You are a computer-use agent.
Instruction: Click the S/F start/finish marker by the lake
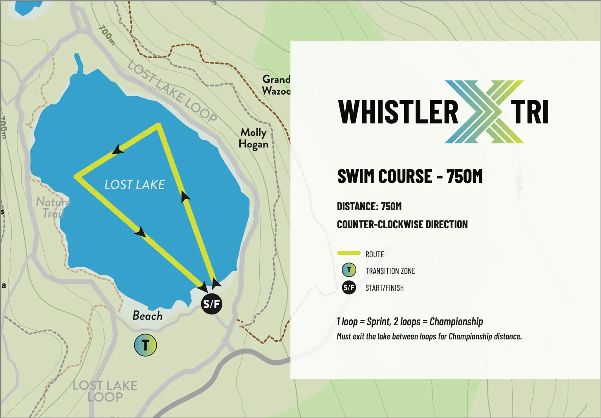coord(212,303)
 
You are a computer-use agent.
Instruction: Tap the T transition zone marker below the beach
coord(145,345)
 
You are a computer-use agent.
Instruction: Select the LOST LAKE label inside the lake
coord(134,185)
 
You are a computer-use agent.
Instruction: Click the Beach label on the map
coord(147,315)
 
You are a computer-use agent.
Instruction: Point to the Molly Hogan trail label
coord(253,138)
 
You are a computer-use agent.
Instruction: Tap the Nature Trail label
coord(53,207)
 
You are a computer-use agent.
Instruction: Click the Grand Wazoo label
coord(276,85)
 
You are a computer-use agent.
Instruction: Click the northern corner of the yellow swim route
coord(158,125)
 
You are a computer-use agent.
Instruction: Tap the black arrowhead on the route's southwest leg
coord(140,232)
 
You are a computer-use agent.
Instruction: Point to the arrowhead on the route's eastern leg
coord(185,196)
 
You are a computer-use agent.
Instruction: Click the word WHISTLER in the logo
coord(398,112)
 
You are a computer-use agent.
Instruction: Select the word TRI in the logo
coord(530,112)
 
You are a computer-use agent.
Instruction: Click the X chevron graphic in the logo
coord(484,112)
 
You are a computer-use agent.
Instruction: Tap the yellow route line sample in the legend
coord(349,253)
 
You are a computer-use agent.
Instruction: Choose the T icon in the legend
coord(349,270)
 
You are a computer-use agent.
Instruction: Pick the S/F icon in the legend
coord(349,288)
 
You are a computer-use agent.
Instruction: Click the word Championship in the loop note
coord(456,322)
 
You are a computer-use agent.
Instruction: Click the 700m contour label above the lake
coord(106,35)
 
